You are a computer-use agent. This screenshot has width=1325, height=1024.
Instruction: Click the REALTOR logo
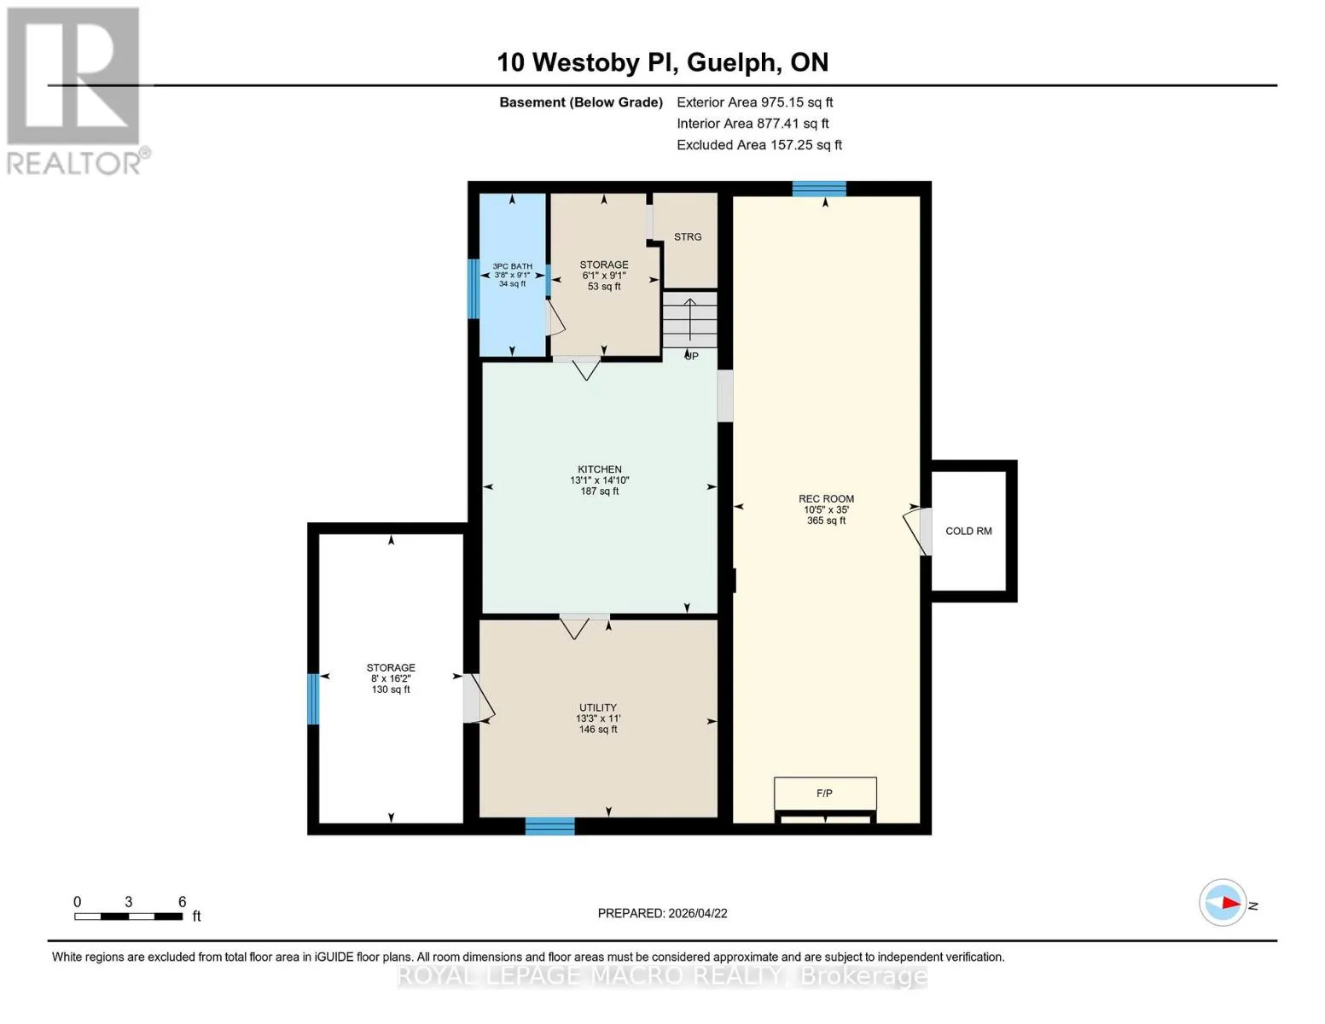(78, 91)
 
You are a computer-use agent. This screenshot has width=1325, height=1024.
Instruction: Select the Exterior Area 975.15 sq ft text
(754, 102)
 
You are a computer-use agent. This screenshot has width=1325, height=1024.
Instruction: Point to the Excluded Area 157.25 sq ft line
(759, 145)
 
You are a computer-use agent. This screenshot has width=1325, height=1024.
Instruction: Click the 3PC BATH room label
(512, 266)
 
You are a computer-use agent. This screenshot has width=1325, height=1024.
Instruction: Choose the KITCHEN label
(600, 469)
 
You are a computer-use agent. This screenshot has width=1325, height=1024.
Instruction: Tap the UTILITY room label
(597, 707)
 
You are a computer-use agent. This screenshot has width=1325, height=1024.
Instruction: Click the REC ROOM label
(826, 499)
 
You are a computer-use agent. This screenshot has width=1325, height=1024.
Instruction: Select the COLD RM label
(968, 532)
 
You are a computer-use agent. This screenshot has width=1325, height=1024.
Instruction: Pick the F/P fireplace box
(825, 794)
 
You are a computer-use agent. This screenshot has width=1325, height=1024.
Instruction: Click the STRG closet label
(687, 236)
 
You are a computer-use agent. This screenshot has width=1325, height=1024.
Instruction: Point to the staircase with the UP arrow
(689, 320)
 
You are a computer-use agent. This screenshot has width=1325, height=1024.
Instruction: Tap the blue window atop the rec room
(819, 189)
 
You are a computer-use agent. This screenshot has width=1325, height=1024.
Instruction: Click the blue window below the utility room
(549, 826)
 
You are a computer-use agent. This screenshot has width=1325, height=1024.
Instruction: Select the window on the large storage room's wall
(313, 699)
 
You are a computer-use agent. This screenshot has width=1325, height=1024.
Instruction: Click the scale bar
(128, 916)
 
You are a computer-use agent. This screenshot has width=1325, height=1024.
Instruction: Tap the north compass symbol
(1222, 903)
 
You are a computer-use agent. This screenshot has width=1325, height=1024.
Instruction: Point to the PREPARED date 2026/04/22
(662, 913)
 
